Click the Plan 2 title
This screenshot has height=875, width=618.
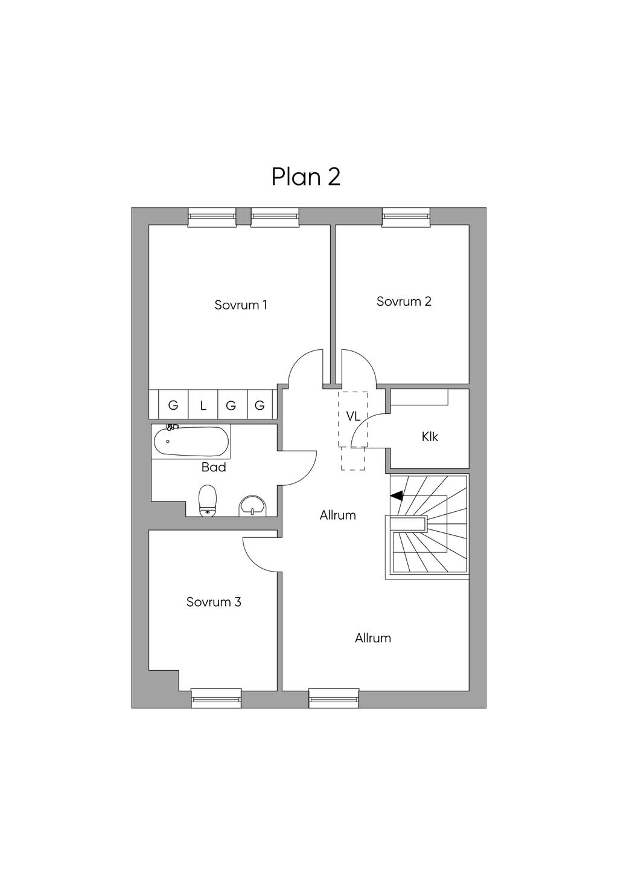[306, 176]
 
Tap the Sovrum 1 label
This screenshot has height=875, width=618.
[241, 305]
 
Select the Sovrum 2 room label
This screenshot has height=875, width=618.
[404, 302]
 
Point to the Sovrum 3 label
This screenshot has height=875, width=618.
[214, 602]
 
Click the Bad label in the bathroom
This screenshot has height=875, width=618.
[214, 467]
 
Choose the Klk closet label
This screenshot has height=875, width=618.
[430, 436]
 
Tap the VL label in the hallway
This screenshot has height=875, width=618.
[353, 416]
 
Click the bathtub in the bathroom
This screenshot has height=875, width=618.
[191, 443]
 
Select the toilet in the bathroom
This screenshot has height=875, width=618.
[208, 501]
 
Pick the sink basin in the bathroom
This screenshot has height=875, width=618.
[252, 506]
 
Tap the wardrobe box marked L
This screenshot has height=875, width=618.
[203, 405]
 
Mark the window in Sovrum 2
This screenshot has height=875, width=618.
[406, 218]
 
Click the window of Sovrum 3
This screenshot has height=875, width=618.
[216, 698]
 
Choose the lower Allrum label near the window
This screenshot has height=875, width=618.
[372, 638]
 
